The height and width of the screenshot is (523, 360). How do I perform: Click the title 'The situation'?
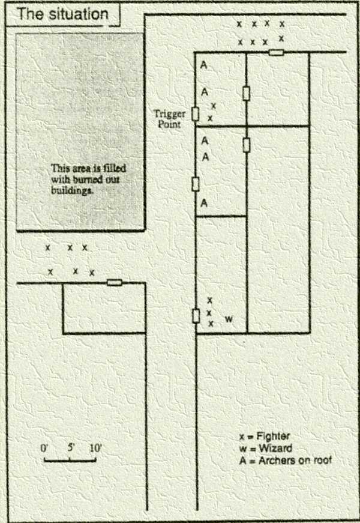click(x=62, y=14)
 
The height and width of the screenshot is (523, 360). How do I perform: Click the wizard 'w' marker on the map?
click(x=229, y=319)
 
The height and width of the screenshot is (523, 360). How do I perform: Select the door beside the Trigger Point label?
click(x=195, y=114)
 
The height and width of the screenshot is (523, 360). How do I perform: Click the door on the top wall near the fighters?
click(x=276, y=53)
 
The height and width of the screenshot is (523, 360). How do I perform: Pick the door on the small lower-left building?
click(x=114, y=282)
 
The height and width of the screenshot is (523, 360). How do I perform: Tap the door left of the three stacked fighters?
click(x=196, y=315)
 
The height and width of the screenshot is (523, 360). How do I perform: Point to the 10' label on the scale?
click(x=96, y=447)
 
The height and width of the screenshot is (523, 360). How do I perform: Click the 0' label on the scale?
click(x=45, y=447)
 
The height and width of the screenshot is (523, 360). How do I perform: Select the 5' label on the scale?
click(x=70, y=447)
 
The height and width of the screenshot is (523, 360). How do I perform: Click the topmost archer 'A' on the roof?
click(x=204, y=65)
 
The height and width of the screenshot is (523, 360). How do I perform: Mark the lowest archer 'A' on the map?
click(x=204, y=203)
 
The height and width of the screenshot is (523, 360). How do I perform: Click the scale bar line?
click(x=70, y=461)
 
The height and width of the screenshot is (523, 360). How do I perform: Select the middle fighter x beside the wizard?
click(x=209, y=313)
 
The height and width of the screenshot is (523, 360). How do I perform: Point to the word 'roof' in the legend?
click(x=322, y=461)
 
